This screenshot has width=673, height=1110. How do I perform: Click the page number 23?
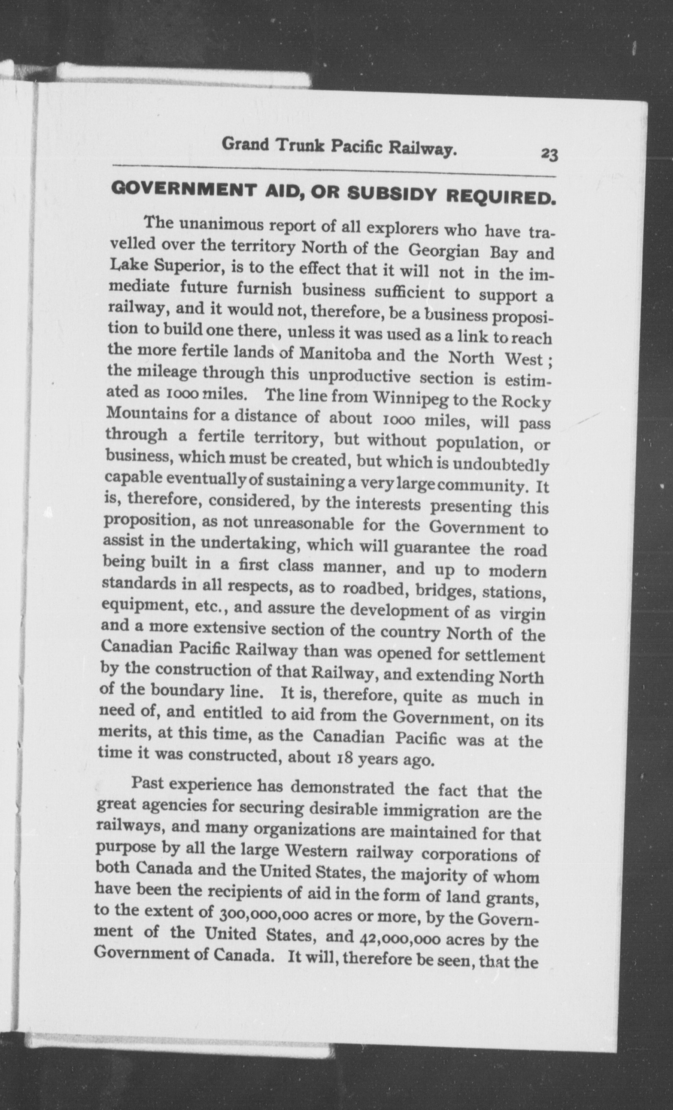point(550,154)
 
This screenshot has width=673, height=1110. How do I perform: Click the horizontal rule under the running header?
point(334,172)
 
